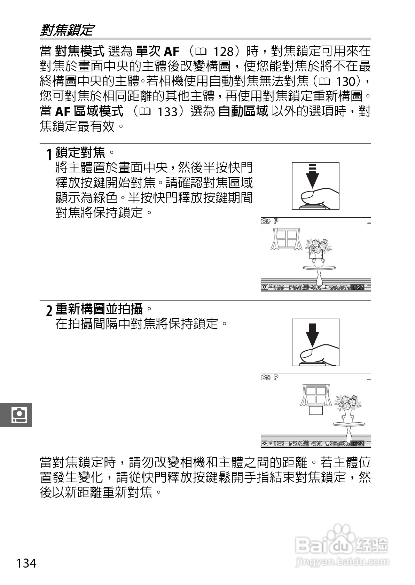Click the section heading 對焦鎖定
coord(66,30)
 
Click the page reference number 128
coord(223,52)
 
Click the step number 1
coord(49,153)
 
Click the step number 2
coord(49,310)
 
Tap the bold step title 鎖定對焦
coord(80,152)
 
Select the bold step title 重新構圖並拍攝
coord(99,309)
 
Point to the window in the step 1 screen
coord(286,239)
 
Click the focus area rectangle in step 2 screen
coord(316,410)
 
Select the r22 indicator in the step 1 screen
coord(358,288)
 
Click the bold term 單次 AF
coord(157,52)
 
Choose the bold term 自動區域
coord(243,112)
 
